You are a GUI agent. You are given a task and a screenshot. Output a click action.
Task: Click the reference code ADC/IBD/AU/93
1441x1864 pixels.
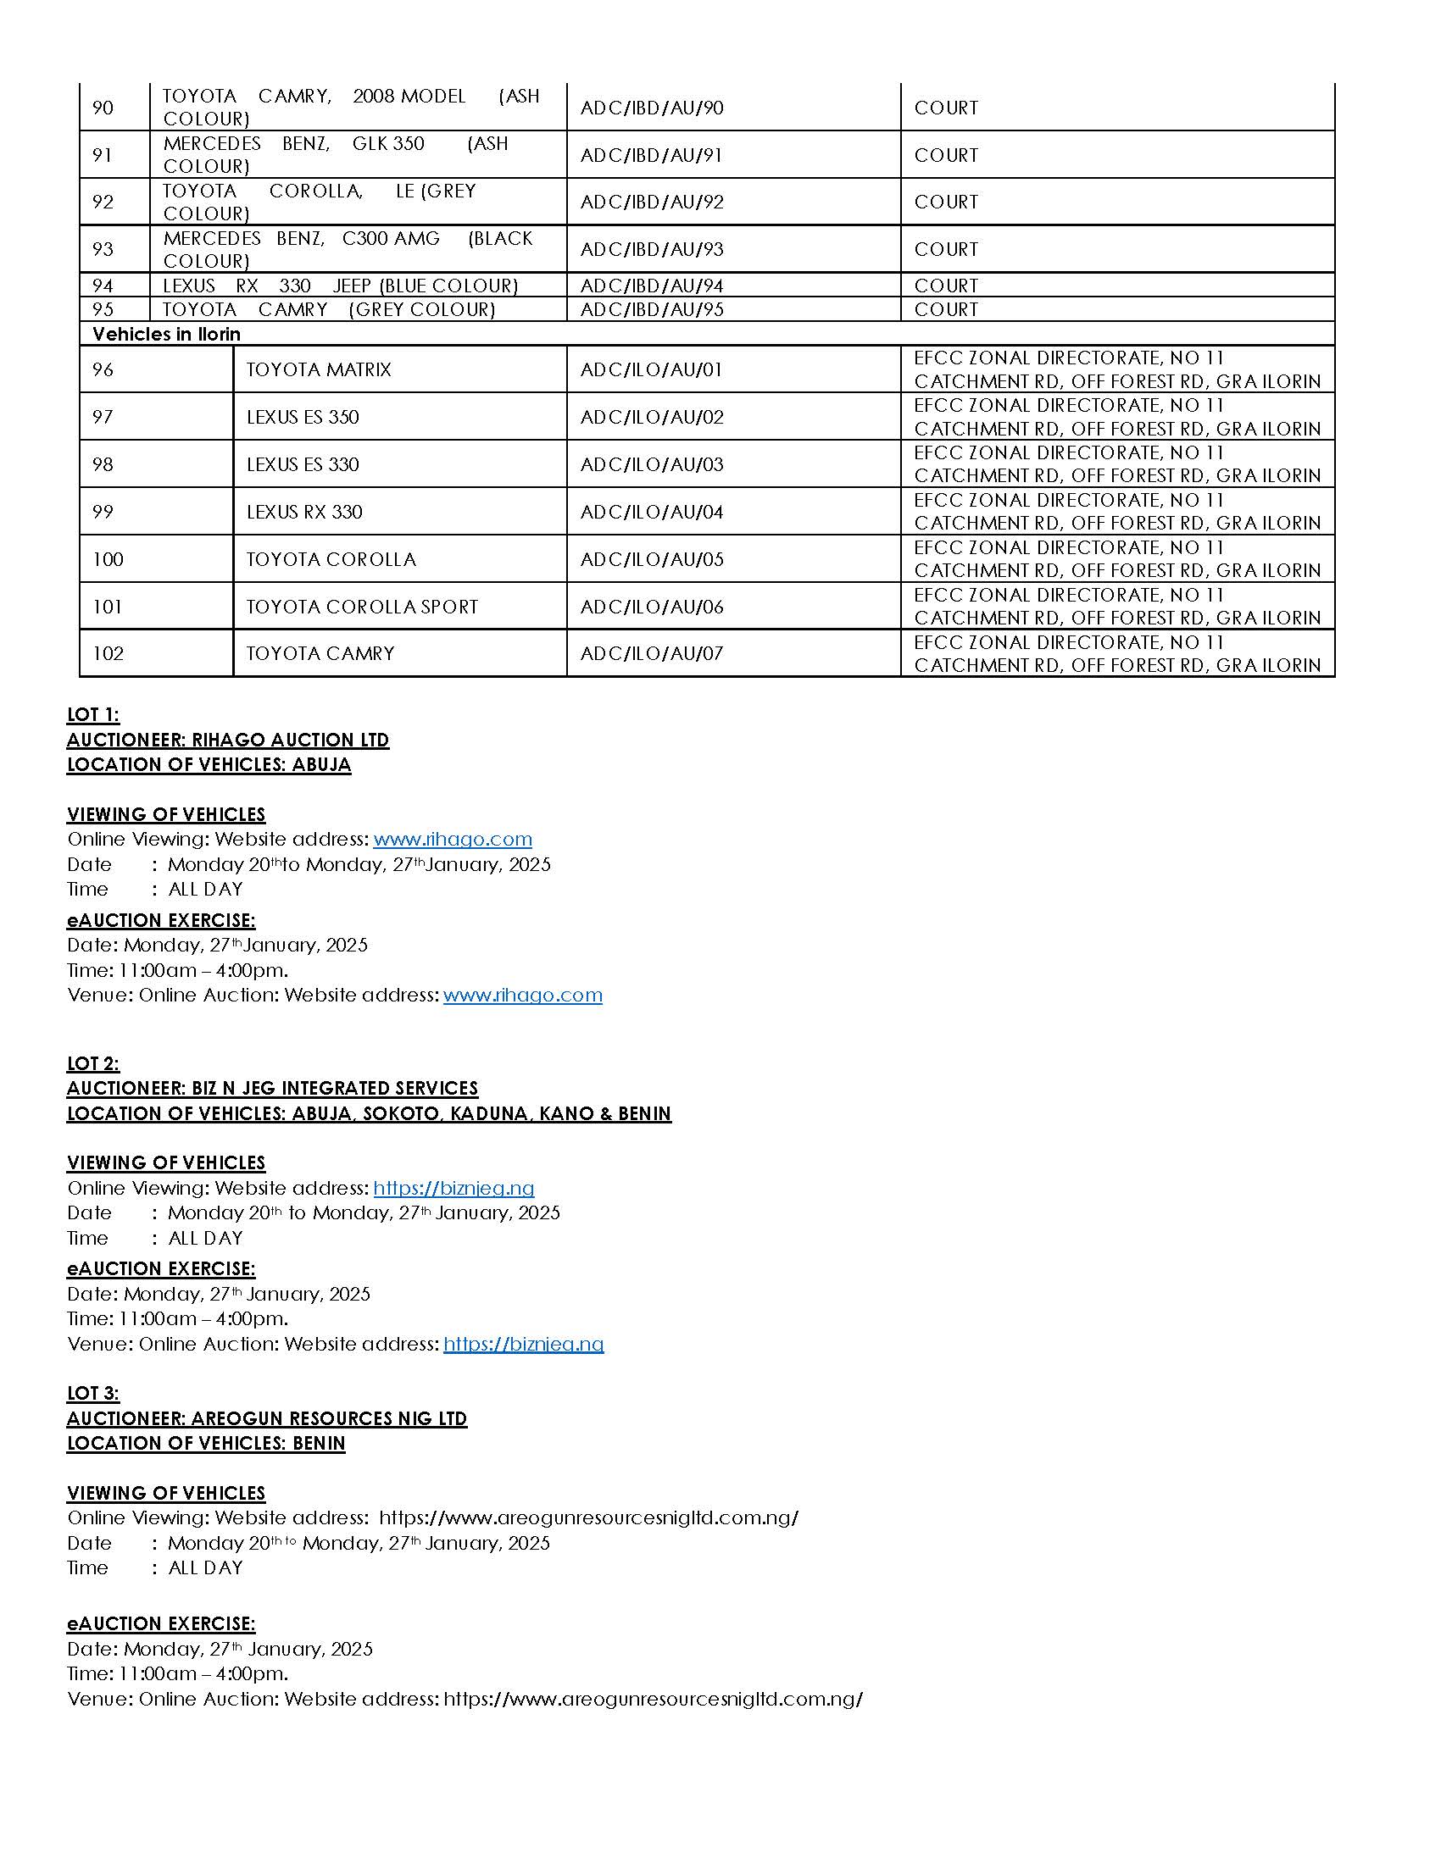click(x=651, y=249)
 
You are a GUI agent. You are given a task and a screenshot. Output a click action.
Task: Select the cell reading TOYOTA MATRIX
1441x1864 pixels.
click(x=319, y=369)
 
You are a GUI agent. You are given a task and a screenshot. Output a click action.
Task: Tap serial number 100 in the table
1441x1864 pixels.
click(x=108, y=559)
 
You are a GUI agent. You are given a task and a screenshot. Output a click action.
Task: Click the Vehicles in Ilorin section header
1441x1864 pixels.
click(x=166, y=334)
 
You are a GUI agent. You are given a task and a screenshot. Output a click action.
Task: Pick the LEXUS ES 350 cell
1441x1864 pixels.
click(x=303, y=417)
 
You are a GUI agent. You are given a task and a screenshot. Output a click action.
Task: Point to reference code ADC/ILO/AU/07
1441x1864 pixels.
click(x=651, y=654)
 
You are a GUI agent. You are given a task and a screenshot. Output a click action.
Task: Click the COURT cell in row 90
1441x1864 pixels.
click(x=946, y=108)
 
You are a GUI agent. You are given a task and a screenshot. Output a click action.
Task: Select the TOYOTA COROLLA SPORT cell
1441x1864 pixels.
click(x=362, y=607)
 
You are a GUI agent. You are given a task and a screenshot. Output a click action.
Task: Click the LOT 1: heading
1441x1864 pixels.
click(x=93, y=714)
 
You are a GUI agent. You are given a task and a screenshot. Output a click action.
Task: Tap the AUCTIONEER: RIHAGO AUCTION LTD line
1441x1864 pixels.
click(x=228, y=740)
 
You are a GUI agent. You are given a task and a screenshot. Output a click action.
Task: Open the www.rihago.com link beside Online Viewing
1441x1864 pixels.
click(x=453, y=839)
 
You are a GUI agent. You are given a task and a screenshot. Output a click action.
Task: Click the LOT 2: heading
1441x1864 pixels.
click(x=93, y=1063)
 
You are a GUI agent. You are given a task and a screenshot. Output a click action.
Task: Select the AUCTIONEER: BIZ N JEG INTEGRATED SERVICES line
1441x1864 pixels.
click(x=272, y=1088)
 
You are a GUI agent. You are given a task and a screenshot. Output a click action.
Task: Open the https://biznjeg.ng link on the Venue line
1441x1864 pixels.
click(x=523, y=1345)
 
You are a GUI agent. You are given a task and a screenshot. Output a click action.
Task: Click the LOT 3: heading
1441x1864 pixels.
click(x=93, y=1394)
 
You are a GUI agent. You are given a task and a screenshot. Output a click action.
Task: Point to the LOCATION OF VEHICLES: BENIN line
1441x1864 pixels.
click(x=206, y=1443)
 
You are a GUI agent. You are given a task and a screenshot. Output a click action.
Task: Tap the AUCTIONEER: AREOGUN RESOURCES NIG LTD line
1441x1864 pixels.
click(x=266, y=1418)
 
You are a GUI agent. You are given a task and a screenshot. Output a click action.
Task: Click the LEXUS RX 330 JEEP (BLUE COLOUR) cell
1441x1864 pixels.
click(x=341, y=286)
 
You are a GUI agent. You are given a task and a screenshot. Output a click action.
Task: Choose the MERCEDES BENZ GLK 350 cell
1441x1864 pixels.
click(x=336, y=154)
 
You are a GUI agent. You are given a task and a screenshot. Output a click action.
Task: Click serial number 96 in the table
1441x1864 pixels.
click(x=103, y=369)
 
